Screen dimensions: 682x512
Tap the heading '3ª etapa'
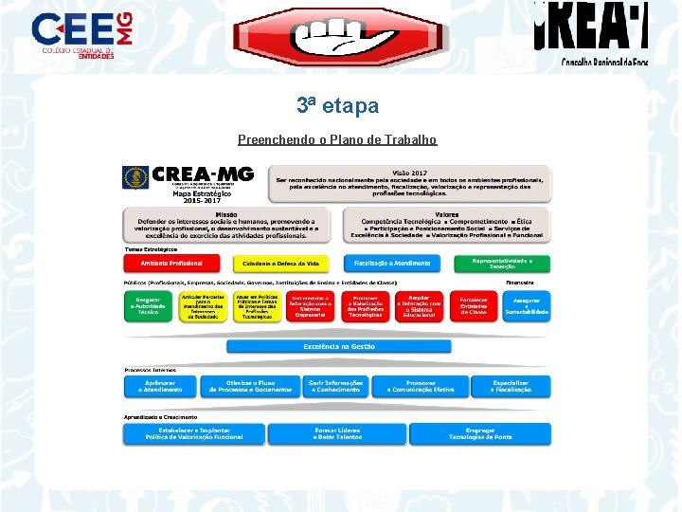point(337,106)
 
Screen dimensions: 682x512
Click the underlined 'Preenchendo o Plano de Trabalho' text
point(337,139)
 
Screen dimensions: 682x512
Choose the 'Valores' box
point(445,225)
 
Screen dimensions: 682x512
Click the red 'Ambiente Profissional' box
point(170,263)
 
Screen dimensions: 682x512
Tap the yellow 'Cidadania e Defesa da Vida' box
point(280,263)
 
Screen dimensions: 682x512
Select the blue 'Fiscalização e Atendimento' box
point(391,263)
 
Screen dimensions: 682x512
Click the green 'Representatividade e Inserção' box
point(503,263)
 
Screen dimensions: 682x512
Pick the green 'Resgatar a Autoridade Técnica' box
point(148,305)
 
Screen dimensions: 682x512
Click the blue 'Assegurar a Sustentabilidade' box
point(527,305)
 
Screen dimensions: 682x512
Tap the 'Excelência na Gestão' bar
point(338,346)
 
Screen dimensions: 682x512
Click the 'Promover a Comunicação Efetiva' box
point(421,388)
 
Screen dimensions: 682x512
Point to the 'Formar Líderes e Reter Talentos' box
point(336,433)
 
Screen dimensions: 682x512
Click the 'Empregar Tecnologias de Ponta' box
point(479,433)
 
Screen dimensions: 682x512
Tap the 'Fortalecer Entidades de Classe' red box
point(474,305)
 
